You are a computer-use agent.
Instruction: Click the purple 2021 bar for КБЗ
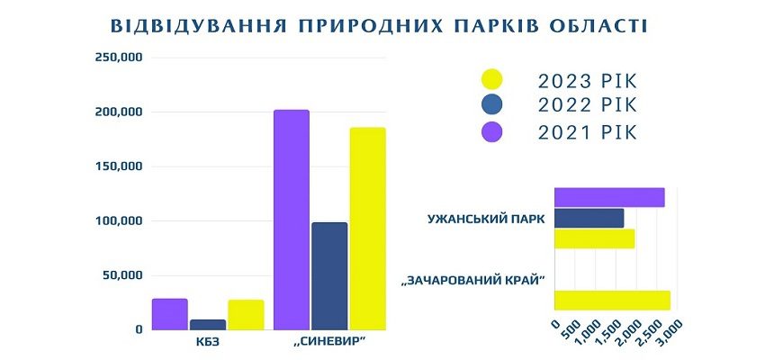point(170,314)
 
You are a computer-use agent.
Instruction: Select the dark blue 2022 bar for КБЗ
point(208,325)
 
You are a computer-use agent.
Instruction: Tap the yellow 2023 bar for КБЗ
point(246,315)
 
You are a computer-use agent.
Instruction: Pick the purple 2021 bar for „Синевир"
point(292,220)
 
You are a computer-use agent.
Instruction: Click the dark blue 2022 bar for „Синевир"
point(329,276)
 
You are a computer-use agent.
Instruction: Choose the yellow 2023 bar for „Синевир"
point(367,229)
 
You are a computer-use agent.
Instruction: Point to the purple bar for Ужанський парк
point(609,197)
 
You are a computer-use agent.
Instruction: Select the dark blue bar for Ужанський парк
point(589,218)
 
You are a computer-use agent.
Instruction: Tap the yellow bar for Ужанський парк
point(594,238)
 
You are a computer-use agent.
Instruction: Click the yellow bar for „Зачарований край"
point(612,300)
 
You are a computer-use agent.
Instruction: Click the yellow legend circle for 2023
point(491,80)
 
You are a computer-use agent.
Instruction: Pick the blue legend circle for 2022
point(491,104)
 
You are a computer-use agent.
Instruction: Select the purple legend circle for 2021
point(491,132)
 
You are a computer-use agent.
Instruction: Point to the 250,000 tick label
point(119,58)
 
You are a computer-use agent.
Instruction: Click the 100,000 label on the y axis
point(119,220)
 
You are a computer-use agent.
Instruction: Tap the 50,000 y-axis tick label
point(122,275)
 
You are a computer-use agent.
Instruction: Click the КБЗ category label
point(208,343)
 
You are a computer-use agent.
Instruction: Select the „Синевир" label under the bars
point(329,343)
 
